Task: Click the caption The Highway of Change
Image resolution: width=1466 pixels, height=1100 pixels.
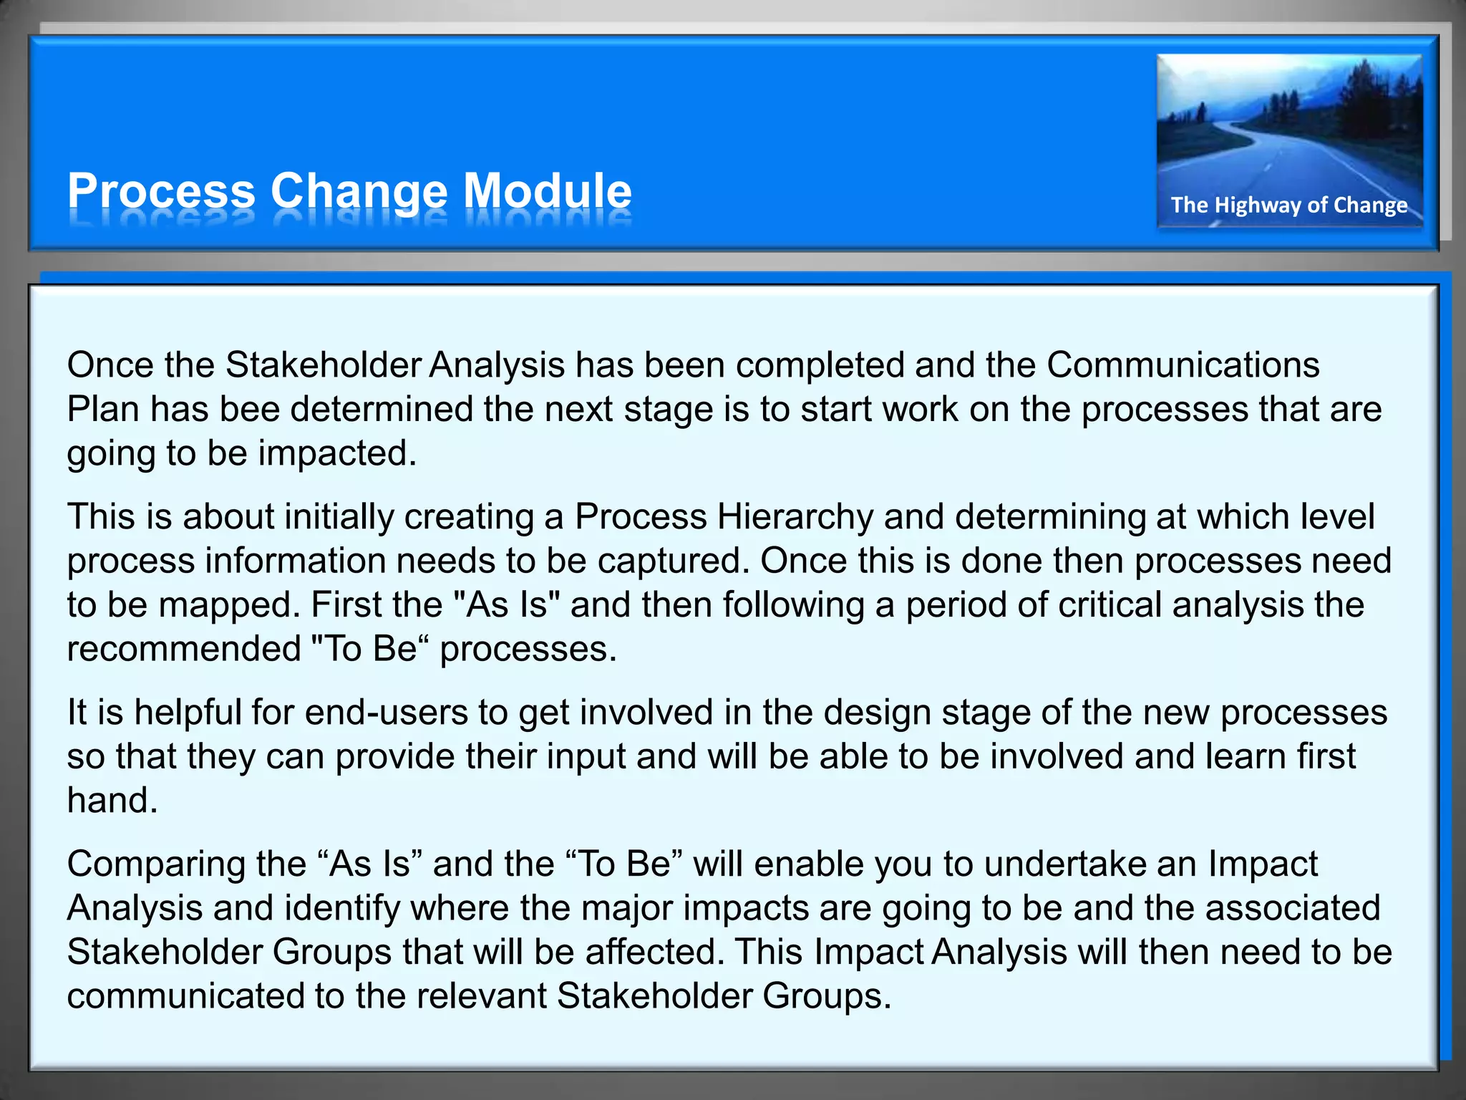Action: tap(1288, 206)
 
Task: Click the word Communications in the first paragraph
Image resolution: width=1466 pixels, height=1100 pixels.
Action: tap(1183, 365)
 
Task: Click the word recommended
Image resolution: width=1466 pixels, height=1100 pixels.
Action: tap(184, 649)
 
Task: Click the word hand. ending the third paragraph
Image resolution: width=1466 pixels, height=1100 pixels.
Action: tap(112, 801)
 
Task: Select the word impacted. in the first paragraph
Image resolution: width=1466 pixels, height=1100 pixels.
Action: tap(337, 453)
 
